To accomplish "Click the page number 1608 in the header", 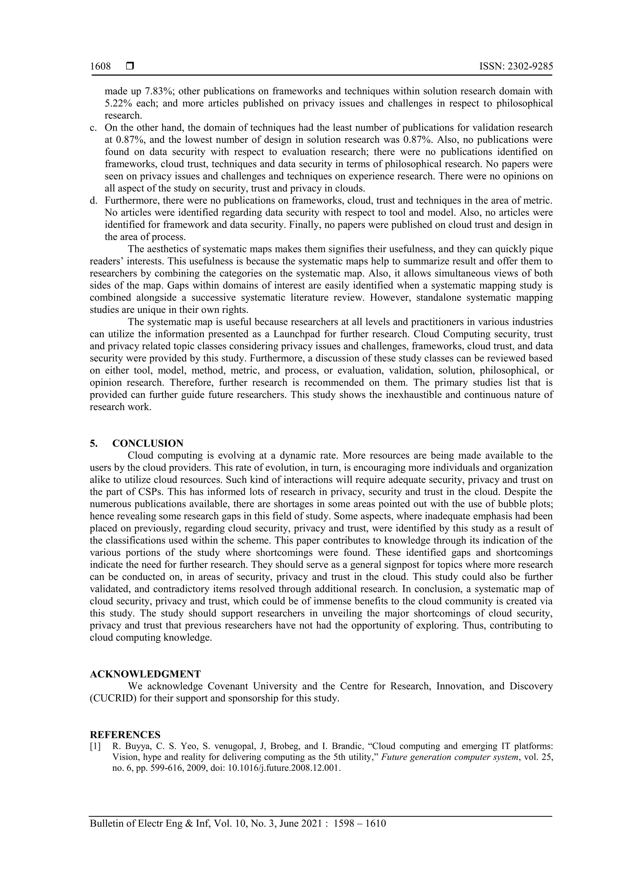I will click(x=100, y=67).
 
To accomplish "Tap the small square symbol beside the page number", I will click(x=130, y=66).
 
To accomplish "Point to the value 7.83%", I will click(x=158, y=91).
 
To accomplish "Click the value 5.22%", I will click(x=118, y=103).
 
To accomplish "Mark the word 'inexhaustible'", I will click(x=419, y=395).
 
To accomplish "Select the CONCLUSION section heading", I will click(x=148, y=443).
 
